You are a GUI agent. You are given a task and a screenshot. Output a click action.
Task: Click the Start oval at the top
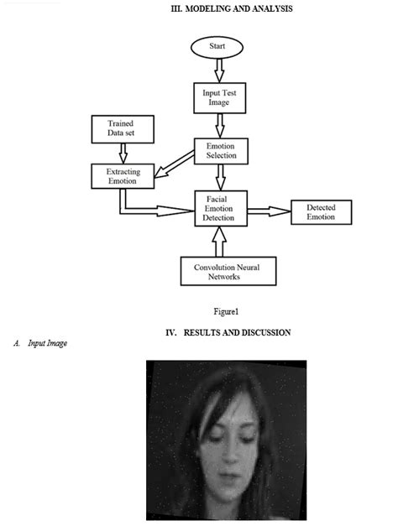pyautogui.click(x=217, y=47)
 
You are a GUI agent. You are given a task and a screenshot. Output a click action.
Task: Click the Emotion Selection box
pyautogui.click(x=220, y=150)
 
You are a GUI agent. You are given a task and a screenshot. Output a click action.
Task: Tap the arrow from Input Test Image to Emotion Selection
pyautogui.click(x=219, y=125)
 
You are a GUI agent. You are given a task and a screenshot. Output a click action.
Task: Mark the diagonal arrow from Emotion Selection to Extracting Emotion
pyautogui.click(x=175, y=164)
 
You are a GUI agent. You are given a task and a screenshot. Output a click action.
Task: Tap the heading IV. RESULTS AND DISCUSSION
pyautogui.click(x=228, y=333)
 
